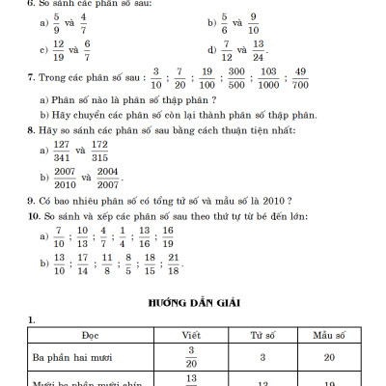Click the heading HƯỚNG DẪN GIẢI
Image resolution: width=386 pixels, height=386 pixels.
(193, 301)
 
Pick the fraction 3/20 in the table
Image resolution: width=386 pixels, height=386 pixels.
(191, 356)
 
